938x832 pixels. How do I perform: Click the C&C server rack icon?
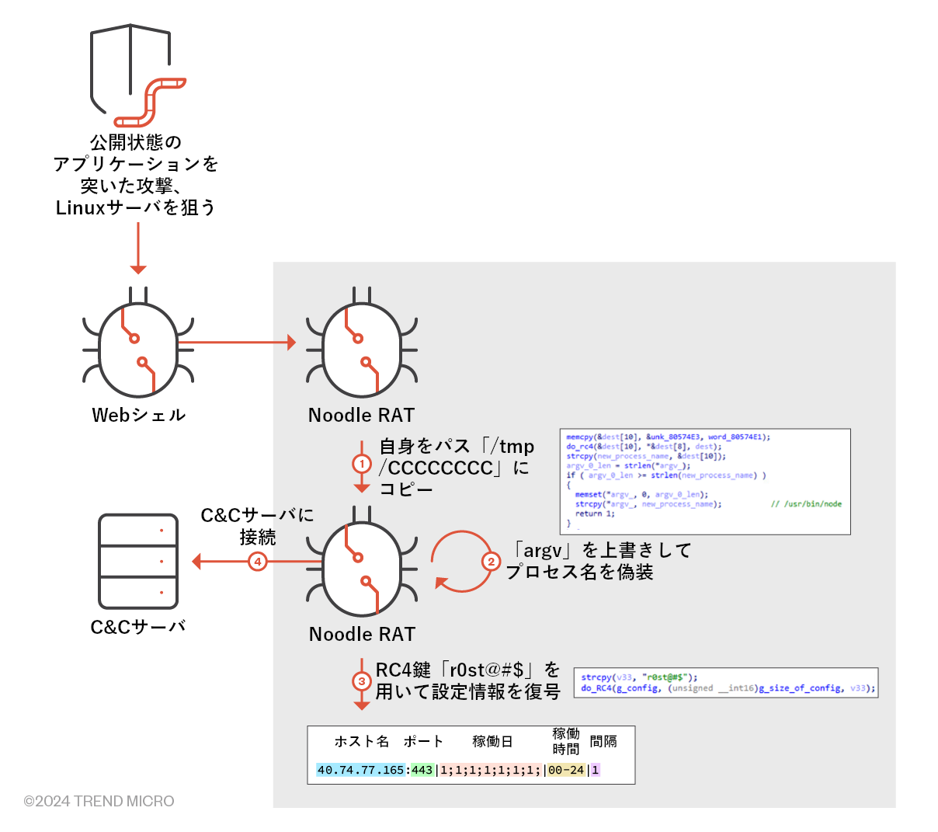pyautogui.click(x=138, y=561)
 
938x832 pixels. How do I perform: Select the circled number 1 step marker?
pyautogui.click(x=362, y=465)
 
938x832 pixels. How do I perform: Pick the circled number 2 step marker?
pyautogui.click(x=491, y=562)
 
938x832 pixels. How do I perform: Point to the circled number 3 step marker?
pyautogui.click(x=362, y=681)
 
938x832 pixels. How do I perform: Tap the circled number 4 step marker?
pyautogui.click(x=258, y=562)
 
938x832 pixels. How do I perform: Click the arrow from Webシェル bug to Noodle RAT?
pyautogui.click(x=237, y=342)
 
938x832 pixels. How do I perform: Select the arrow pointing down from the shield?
pyautogui.click(x=138, y=248)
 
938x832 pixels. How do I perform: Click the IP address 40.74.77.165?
pyautogui.click(x=360, y=770)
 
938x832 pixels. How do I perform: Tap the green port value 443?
pyautogui.click(x=422, y=770)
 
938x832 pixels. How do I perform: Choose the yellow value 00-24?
pyautogui.click(x=566, y=770)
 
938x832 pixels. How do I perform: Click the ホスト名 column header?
pyautogui.click(x=361, y=741)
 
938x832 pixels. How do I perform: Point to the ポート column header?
pyautogui.click(x=423, y=741)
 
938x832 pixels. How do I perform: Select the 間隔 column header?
pyautogui.click(x=603, y=741)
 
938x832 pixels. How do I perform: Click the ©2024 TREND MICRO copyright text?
pyautogui.click(x=99, y=801)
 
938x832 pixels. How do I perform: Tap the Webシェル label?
pyautogui.click(x=138, y=415)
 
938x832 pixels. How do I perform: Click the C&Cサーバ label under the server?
pyautogui.click(x=138, y=627)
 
